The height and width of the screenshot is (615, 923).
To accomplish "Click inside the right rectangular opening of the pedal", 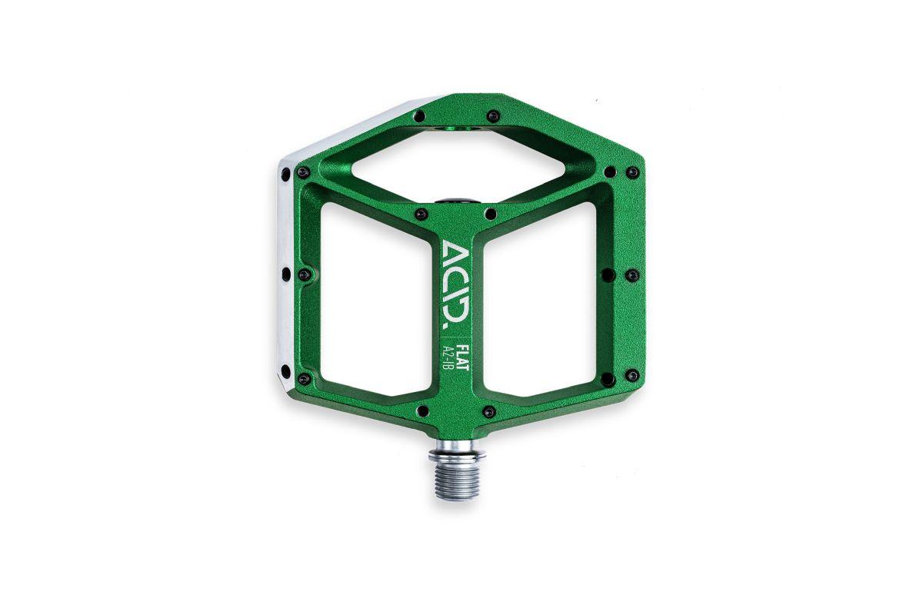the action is [x=540, y=301].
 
